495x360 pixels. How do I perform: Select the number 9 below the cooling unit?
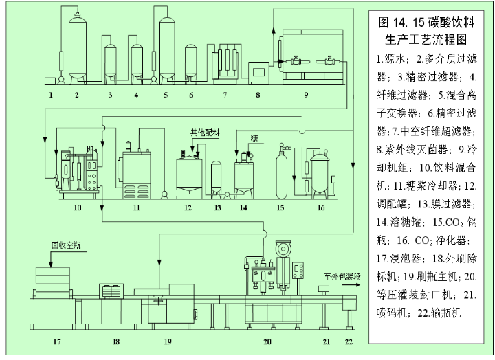point(305,93)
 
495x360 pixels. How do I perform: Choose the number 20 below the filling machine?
point(267,340)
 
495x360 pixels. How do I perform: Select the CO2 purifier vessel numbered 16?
point(320,172)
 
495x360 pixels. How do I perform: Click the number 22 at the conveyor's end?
point(349,340)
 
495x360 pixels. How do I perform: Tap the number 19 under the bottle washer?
point(168,340)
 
